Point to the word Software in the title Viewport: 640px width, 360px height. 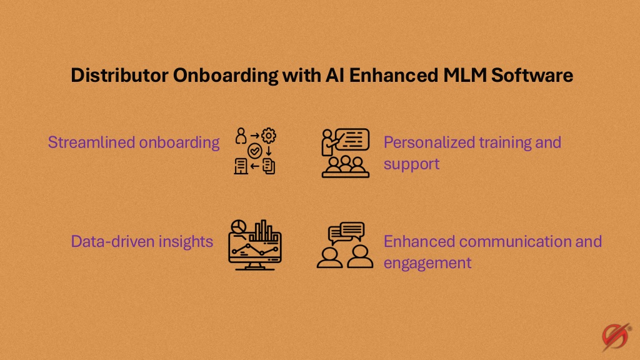coord(532,75)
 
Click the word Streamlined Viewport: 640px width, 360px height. coord(91,142)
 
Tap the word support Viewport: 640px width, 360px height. coord(411,164)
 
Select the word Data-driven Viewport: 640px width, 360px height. coord(112,241)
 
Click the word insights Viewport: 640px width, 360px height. coord(186,242)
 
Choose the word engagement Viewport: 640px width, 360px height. coord(427,263)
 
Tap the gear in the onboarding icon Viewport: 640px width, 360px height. coord(269,136)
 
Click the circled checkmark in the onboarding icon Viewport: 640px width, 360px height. coord(255,151)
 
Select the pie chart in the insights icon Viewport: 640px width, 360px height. coord(238,226)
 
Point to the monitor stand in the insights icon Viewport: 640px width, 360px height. coord(255,266)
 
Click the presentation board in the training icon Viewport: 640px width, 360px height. coord(352,139)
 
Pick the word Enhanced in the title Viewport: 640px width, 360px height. coord(394,75)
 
